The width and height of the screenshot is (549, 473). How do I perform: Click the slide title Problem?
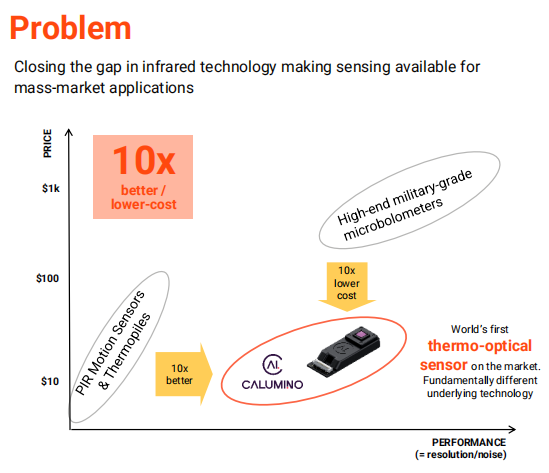[70, 28]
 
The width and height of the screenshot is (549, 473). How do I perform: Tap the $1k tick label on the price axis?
[51, 188]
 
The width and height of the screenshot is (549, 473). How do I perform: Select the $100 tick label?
[48, 278]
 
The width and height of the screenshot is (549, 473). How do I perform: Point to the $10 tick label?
[50, 381]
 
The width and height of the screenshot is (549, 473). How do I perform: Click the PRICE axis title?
[47, 143]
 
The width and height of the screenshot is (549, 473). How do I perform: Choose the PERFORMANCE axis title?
[469, 442]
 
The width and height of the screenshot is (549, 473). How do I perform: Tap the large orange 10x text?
[144, 160]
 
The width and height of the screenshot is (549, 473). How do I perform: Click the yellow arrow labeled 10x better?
[184, 374]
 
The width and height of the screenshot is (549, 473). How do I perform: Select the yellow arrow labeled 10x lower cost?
[347, 286]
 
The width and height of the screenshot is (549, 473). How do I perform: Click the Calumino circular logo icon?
[272, 364]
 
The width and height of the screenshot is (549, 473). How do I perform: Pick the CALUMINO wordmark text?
[272, 385]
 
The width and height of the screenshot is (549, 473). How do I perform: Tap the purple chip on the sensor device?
[361, 335]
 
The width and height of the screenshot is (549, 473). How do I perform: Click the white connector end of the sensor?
[321, 366]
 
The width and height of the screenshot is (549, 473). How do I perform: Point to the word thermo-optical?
[480, 346]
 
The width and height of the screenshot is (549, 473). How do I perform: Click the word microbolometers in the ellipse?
[393, 219]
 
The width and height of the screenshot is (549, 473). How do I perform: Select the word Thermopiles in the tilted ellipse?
[125, 351]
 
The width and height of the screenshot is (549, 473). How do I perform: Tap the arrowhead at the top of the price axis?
[69, 130]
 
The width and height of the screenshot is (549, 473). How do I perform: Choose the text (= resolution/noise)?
[461, 455]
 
